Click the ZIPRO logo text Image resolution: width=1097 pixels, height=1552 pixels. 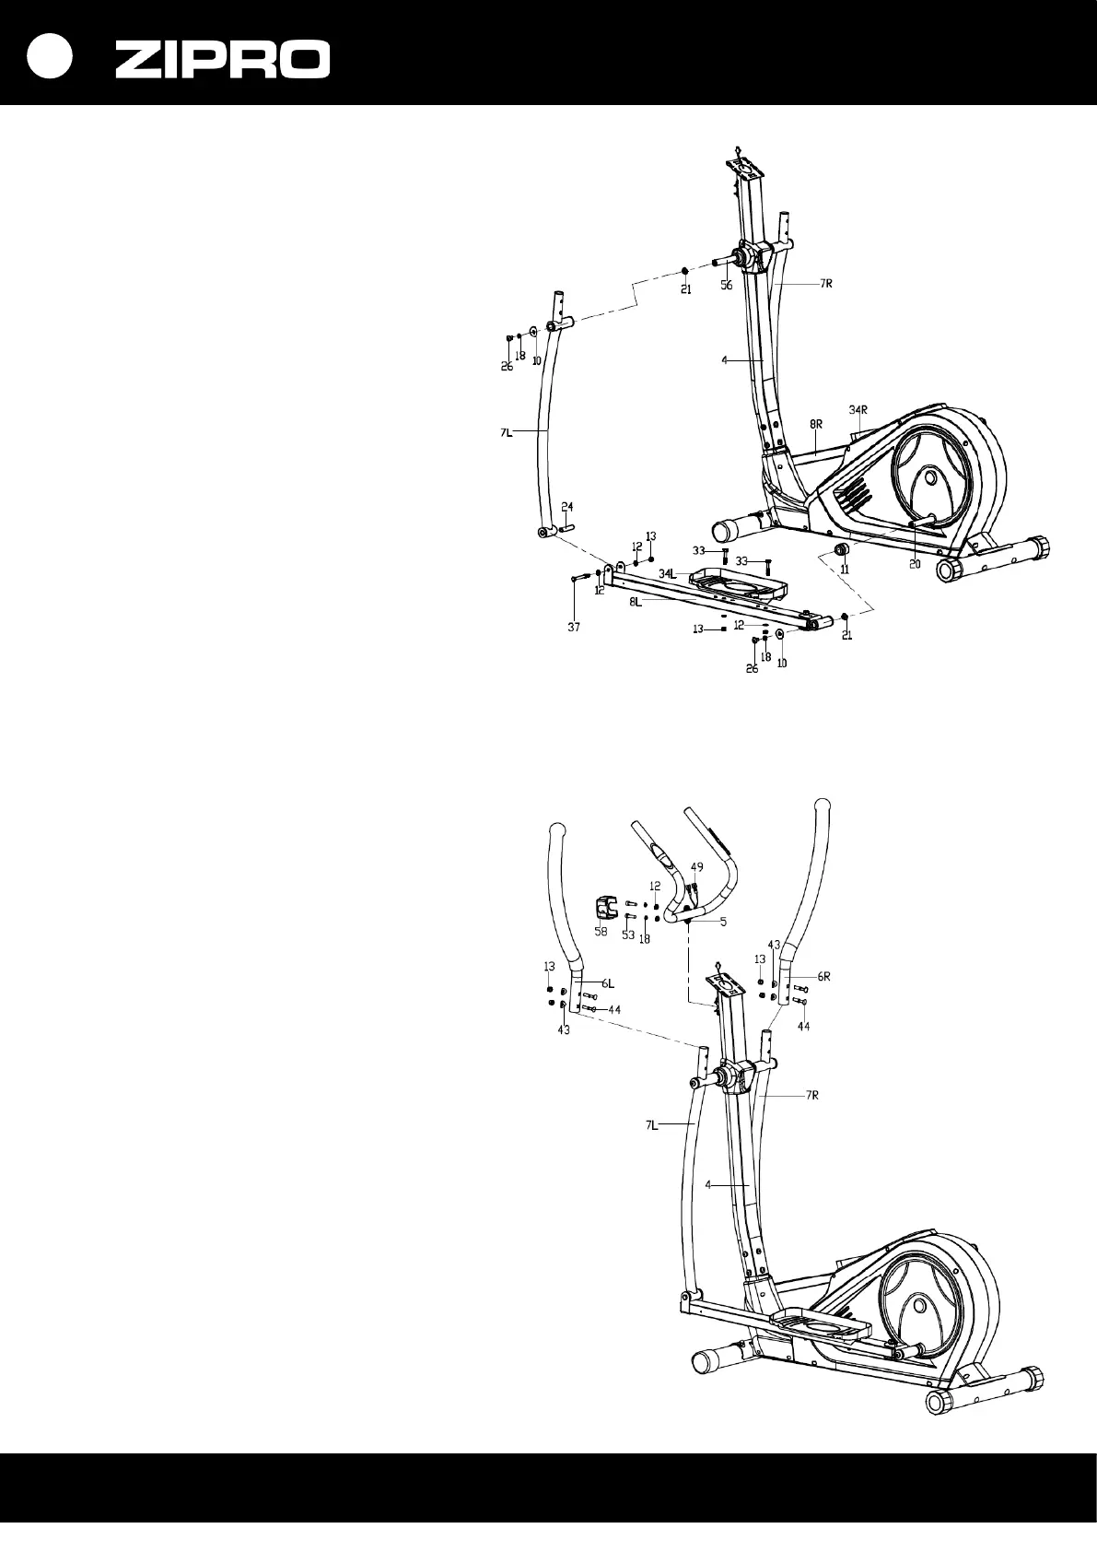click(222, 60)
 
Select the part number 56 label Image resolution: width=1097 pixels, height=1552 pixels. click(727, 286)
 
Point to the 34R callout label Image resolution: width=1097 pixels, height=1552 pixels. click(858, 408)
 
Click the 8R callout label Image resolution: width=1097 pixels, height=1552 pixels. click(816, 423)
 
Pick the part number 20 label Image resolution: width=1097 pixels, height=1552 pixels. click(915, 564)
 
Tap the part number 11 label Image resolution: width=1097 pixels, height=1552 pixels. click(845, 570)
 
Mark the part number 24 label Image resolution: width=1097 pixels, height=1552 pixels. click(567, 507)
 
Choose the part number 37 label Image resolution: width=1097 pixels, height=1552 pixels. click(574, 627)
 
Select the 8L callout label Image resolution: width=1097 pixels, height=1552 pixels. click(636, 600)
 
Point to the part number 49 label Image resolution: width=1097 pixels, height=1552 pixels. click(697, 866)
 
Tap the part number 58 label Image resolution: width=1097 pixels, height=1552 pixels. click(601, 932)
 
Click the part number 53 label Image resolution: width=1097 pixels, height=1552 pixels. click(628, 935)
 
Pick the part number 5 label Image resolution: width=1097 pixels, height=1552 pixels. click(723, 921)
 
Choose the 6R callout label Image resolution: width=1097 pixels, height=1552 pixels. click(823, 976)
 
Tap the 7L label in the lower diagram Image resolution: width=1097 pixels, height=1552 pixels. click(650, 1124)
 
